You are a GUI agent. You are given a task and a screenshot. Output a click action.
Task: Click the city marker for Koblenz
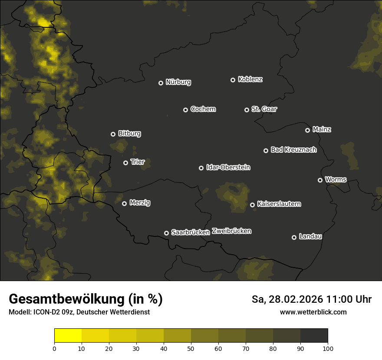(233, 80)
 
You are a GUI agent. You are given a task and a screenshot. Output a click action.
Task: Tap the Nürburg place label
(178, 82)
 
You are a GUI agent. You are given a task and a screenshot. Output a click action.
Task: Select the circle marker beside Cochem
(185, 110)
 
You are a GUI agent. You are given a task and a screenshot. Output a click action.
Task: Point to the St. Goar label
(264, 109)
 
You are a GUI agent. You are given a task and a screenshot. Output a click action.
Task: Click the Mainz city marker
(307, 130)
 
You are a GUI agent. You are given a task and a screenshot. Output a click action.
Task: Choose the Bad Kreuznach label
(293, 150)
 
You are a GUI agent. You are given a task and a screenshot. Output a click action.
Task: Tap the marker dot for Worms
(320, 180)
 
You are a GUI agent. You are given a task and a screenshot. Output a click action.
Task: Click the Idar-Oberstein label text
(228, 167)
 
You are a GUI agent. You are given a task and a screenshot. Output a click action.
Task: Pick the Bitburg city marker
(113, 134)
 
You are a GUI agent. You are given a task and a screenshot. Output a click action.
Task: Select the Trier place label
(137, 162)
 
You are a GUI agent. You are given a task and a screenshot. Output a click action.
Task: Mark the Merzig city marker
(124, 203)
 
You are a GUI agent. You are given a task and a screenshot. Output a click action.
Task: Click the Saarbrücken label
(191, 232)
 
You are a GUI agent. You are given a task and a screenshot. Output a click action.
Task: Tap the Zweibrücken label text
(231, 231)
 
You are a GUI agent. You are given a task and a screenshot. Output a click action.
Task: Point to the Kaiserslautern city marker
(252, 205)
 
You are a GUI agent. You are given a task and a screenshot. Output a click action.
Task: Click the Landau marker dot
(294, 237)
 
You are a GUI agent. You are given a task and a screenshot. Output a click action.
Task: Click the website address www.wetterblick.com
(313, 312)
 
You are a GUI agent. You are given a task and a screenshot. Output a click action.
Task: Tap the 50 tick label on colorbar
(191, 348)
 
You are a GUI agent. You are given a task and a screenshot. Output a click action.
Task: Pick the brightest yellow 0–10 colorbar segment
(68, 335)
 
